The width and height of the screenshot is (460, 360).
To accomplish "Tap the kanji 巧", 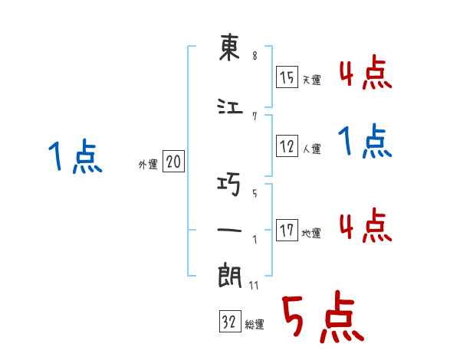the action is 230,185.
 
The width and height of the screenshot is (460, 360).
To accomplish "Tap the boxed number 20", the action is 173,162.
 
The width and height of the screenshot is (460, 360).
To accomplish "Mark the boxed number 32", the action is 228,322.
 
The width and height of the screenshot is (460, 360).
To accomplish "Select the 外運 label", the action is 148,164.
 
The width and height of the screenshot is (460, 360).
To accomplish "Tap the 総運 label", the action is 254,325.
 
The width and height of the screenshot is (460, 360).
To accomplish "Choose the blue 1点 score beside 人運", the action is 366,142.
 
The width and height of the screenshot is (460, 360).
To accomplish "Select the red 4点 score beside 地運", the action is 366,225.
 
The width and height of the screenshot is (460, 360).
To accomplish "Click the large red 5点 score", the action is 322,318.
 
